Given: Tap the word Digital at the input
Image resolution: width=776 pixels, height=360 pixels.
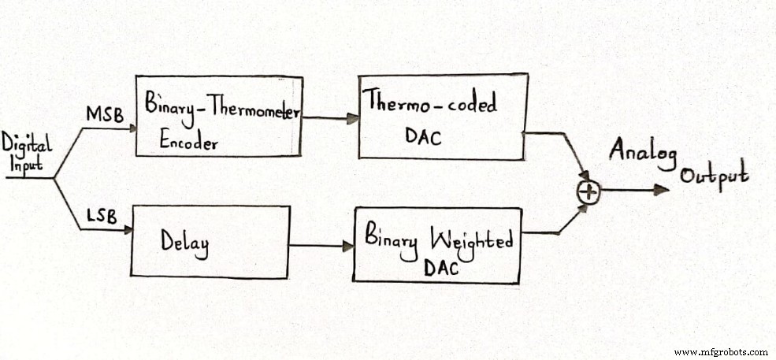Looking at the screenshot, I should point(26,144).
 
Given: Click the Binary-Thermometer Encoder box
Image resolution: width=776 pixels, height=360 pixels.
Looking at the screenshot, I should point(218,116).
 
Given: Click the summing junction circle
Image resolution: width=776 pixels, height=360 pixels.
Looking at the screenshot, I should point(589,190).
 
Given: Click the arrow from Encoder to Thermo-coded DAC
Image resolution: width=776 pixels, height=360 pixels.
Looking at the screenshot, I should point(331,119).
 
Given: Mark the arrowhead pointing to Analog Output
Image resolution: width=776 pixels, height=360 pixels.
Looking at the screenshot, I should point(662,189).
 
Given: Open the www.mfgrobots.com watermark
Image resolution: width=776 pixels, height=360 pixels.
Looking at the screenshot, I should point(720,351).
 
